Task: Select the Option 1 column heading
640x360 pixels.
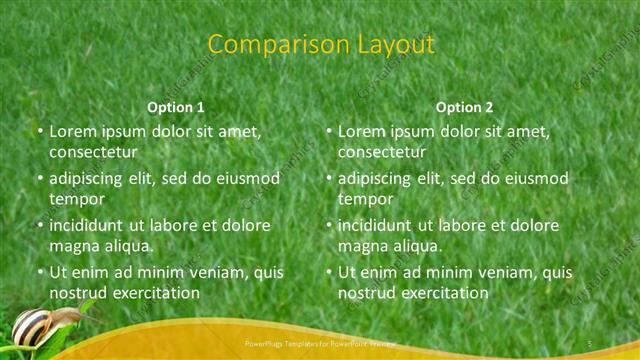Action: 176,106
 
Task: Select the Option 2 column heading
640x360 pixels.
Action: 464,106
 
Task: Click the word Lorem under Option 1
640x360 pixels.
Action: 73,131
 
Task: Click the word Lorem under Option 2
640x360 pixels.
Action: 362,131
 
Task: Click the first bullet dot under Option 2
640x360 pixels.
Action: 328,132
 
